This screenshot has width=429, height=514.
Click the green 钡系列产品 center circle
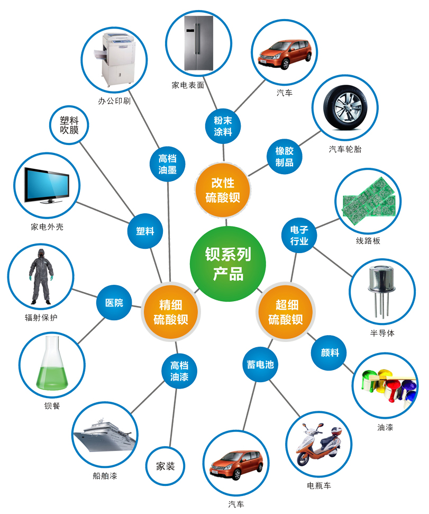pos(228,264)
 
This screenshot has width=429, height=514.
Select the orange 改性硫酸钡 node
pos(223,190)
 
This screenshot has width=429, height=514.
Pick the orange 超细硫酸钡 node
pos(286,312)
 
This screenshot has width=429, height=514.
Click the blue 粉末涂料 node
pos(223,126)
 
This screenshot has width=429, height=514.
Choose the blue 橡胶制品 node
pos(284,157)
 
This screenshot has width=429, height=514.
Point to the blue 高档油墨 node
pos(167,164)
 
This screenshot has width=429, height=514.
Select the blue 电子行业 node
pos(299,235)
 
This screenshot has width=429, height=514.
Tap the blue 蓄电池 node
pos(260,364)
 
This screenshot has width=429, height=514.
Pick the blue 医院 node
pos(114,303)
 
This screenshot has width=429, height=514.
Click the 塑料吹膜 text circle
pos(69,125)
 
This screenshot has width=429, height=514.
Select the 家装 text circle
pos(165,466)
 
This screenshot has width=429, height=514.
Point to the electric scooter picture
pos(319,444)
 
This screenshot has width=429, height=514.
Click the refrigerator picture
pos(199,43)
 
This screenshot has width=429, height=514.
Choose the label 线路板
pos(368,241)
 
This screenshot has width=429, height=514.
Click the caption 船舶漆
pos(105,476)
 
